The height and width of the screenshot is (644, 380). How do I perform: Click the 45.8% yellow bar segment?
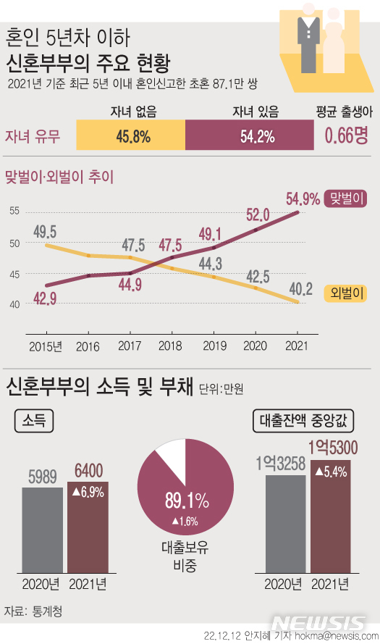coord(132,135)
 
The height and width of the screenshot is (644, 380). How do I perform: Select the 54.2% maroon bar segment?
coord(250,135)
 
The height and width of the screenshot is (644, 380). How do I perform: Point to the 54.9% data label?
coord(303,198)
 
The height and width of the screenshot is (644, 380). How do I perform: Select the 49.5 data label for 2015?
coord(46,232)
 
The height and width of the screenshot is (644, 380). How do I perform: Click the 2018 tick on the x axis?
coord(169,346)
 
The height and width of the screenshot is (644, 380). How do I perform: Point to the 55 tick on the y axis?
coord(14,211)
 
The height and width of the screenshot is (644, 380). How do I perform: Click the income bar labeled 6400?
coord(88,527)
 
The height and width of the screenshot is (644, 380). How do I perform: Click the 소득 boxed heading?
coord(33,420)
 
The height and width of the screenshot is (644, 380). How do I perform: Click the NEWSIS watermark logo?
coord(320,624)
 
